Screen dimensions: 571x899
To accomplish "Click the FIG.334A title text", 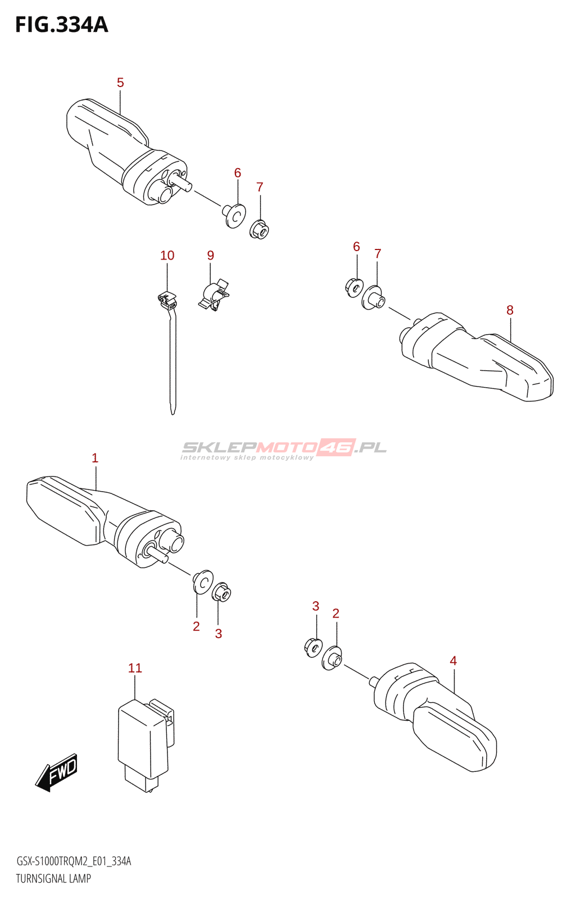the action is (61, 25).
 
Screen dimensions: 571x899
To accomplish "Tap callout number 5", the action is (120, 83).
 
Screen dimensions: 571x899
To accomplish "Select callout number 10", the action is (167, 256).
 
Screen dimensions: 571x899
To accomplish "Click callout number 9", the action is (211, 256).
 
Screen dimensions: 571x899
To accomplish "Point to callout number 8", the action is (510, 310).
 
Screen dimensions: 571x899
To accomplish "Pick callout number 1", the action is (95, 458).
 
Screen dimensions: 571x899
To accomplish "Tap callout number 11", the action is (135, 668).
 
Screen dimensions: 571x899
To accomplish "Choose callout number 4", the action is (453, 661).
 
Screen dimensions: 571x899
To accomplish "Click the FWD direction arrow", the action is (57, 773).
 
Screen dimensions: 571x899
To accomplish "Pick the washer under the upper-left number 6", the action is (234, 216).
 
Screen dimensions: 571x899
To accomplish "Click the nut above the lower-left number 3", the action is (221, 592).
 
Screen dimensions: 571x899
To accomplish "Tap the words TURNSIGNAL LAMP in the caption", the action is (53, 879).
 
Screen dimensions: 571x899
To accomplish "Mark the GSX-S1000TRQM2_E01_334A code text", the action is (74, 861).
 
